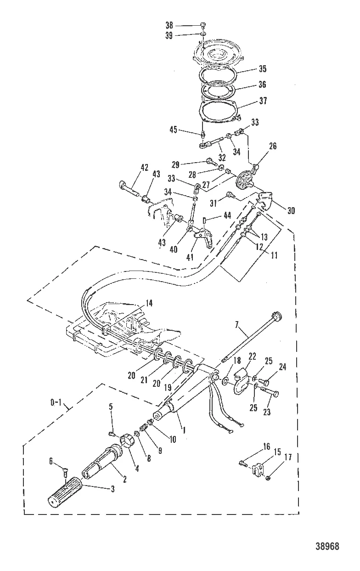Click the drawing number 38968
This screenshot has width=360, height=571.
tap(328, 546)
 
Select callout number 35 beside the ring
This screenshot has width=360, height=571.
tap(263, 69)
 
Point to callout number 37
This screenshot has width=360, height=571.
tap(263, 101)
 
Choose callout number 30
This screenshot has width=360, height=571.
tap(291, 211)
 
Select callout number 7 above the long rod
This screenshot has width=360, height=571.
tap(236, 325)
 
